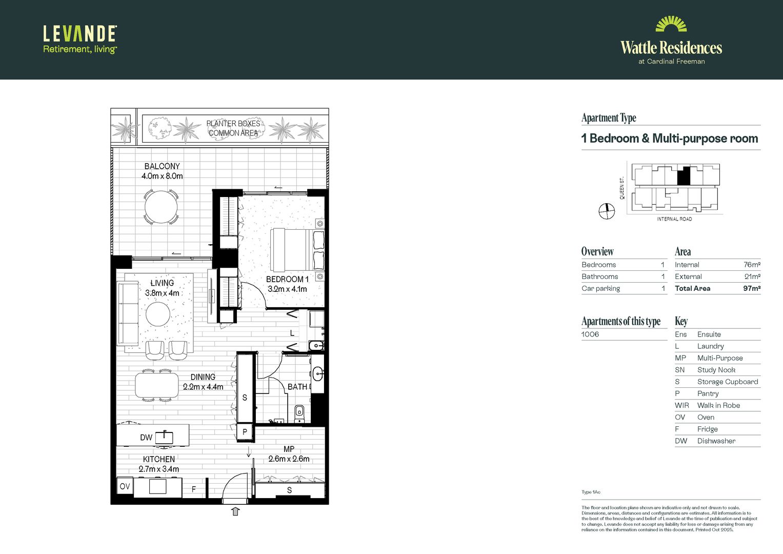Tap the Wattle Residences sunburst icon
coord(671,25)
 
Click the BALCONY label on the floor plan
coord(162,166)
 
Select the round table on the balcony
coord(161,207)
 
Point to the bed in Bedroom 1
coord(296,250)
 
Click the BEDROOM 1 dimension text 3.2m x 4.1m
coord(287,289)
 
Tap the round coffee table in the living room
coord(158,314)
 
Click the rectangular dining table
coord(157,385)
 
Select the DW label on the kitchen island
coord(146,438)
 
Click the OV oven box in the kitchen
coord(125,486)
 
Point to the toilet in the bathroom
coord(299,411)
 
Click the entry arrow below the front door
coord(235,511)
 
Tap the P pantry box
coord(245,432)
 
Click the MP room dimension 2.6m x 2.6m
coord(289,459)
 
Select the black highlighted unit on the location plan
coord(684,176)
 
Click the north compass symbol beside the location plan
coord(607,211)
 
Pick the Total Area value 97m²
coord(751,288)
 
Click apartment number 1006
coord(590,334)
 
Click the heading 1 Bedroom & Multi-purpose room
coord(670,138)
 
